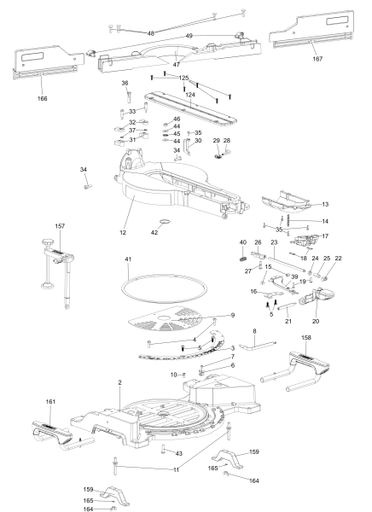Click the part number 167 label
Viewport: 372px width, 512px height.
(317, 59)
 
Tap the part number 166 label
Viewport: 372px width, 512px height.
(42, 99)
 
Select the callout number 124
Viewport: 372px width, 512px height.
(190, 95)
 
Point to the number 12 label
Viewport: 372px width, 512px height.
(123, 232)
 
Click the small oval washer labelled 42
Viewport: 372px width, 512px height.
(166, 222)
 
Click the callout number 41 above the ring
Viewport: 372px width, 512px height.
(128, 259)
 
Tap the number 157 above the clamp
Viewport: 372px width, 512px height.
(60, 226)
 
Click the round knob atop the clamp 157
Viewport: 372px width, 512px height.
(48, 242)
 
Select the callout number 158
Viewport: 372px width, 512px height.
(306, 338)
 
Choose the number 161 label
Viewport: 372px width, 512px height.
(50, 402)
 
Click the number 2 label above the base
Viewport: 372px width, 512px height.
(119, 382)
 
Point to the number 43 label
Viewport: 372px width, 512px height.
(179, 454)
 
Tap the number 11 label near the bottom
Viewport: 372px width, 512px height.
(176, 470)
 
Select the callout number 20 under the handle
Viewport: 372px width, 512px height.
(316, 322)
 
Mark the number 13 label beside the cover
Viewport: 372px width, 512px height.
(325, 205)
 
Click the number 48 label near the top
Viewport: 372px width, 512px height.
(150, 33)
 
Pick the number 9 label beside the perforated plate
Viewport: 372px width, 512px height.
(233, 316)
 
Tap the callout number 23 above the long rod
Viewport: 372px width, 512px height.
(274, 242)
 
